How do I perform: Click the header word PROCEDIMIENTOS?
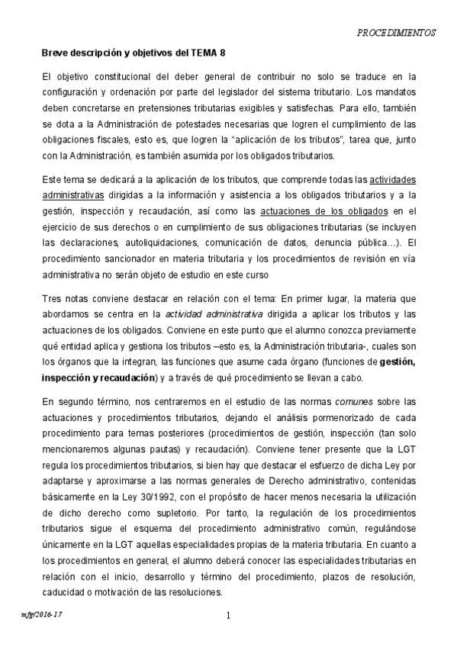pyautogui.click(x=397, y=34)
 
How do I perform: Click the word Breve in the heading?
pyautogui.click(x=56, y=53)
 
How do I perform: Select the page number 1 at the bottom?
pyautogui.click(x=228, y=616)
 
